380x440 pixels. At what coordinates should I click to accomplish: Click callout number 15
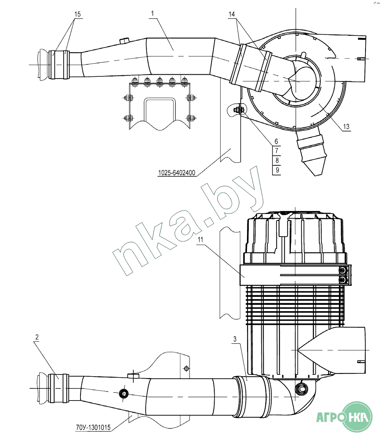click(77, 14)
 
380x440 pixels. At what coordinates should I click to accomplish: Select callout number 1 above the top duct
click(152, 13)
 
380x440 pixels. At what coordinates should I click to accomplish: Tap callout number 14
click(231, 14)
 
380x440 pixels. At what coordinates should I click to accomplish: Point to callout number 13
click(346, 127)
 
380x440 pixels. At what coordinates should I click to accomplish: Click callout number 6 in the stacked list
click(276, 142)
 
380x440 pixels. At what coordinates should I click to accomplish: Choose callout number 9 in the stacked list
click(277, 170)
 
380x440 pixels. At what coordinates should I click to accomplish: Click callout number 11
click(200, 240)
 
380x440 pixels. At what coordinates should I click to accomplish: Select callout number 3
click(235, 339)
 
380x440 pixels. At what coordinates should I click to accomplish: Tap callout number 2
click(37, 337)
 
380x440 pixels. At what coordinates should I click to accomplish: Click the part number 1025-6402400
click(177, 173)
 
